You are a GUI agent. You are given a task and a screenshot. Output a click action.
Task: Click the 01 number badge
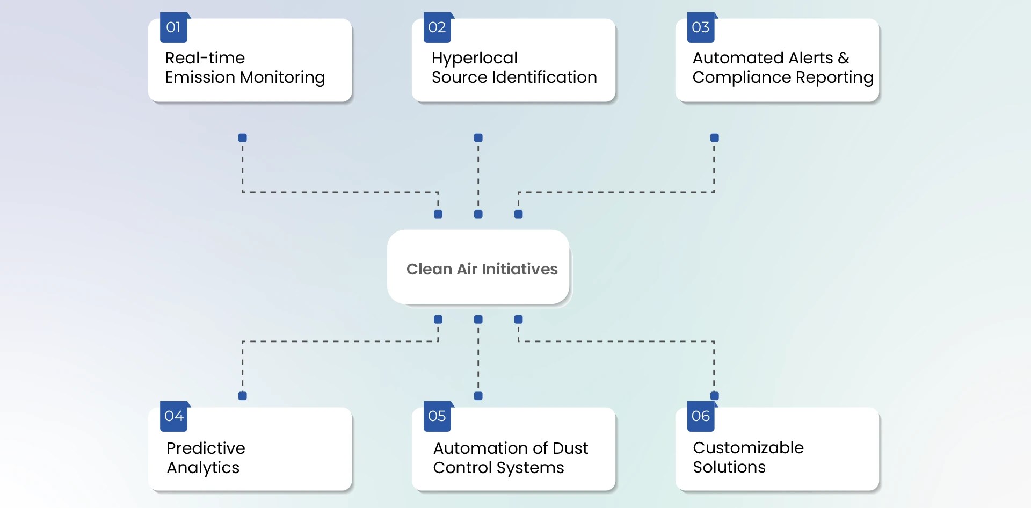tap(173, 28)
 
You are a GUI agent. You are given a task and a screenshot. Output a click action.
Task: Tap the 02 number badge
tap(437, 28)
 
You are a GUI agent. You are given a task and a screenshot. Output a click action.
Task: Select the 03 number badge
tap(701, 28)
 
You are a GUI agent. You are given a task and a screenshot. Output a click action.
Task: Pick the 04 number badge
tap(173, 417)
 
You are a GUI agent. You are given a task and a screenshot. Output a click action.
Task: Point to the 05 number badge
tap(437, 417)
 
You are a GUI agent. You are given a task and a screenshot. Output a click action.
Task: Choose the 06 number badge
tap(701, 417)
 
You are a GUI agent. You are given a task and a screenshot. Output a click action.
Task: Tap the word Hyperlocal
tap(474, 58)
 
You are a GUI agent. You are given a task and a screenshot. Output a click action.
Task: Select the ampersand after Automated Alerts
tap(843, 58)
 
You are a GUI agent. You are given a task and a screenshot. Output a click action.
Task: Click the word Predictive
tap(206, 448)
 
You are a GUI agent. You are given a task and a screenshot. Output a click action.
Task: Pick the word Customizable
tap(748, 448)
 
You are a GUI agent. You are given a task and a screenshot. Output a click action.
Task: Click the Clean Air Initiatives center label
tap(482, 269)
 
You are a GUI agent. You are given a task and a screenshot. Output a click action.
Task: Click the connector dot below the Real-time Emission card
tap(243, 138)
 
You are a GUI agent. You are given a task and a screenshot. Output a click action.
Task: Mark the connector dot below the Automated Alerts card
tap(714, 138)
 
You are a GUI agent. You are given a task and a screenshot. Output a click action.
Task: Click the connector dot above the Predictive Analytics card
tap(243, 396)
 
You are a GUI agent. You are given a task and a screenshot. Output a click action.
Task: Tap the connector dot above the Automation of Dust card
tap(478, 396)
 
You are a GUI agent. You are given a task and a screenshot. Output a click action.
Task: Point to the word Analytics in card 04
tap(203, 468)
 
